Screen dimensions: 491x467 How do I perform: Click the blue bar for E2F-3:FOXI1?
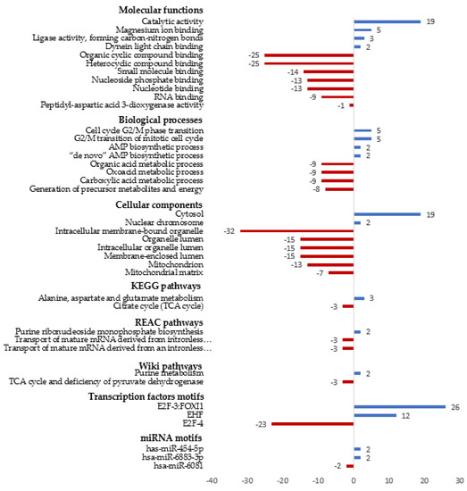399,406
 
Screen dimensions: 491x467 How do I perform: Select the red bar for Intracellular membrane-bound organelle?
297,230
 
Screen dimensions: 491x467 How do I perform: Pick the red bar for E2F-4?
313,423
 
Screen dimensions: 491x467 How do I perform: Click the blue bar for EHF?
375,414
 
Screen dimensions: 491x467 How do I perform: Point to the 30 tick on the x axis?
459,480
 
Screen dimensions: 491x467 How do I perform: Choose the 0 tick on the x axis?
354,480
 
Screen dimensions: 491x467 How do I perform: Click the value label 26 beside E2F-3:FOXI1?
454,406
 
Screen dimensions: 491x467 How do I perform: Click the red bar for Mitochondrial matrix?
341,271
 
